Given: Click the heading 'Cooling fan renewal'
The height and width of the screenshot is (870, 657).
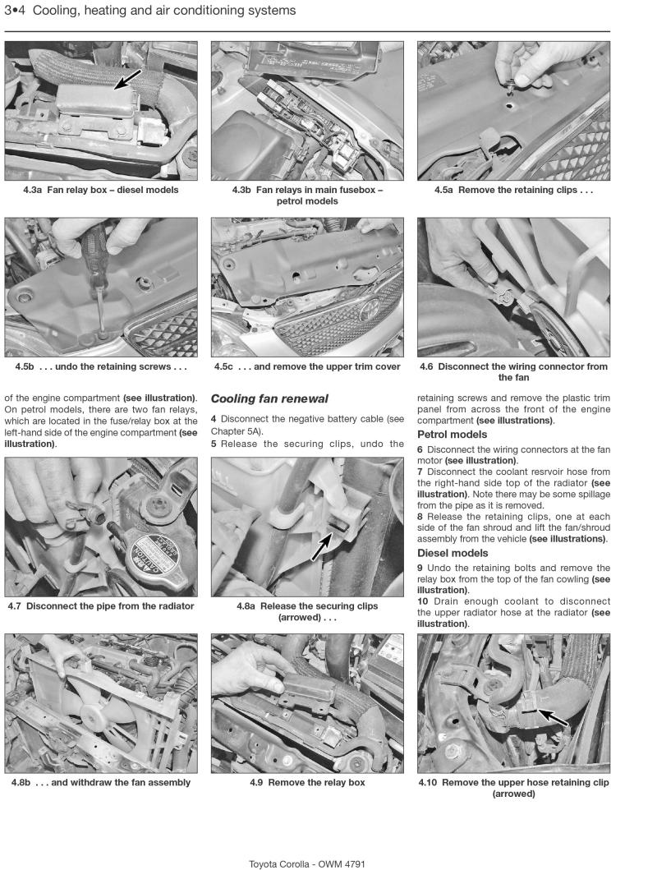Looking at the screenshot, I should [x=258, y=398].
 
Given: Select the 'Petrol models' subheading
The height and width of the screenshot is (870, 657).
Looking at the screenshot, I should [x=452, y=435].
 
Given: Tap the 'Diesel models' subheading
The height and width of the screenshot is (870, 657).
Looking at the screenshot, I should [x=453, y=553].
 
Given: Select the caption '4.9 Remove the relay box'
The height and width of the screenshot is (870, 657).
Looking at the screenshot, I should [x=307, y=782].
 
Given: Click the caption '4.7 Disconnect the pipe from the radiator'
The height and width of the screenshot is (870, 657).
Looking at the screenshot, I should [x=101, y=606].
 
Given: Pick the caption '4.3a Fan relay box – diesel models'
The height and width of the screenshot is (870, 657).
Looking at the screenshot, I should [x=101, y=190].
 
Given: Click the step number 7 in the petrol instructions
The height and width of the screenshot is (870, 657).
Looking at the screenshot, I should [x=420, y=472].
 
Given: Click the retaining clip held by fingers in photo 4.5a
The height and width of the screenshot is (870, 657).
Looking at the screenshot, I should [x=509, y=83].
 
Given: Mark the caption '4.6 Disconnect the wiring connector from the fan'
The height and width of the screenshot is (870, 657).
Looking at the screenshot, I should [x=513, y=372].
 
